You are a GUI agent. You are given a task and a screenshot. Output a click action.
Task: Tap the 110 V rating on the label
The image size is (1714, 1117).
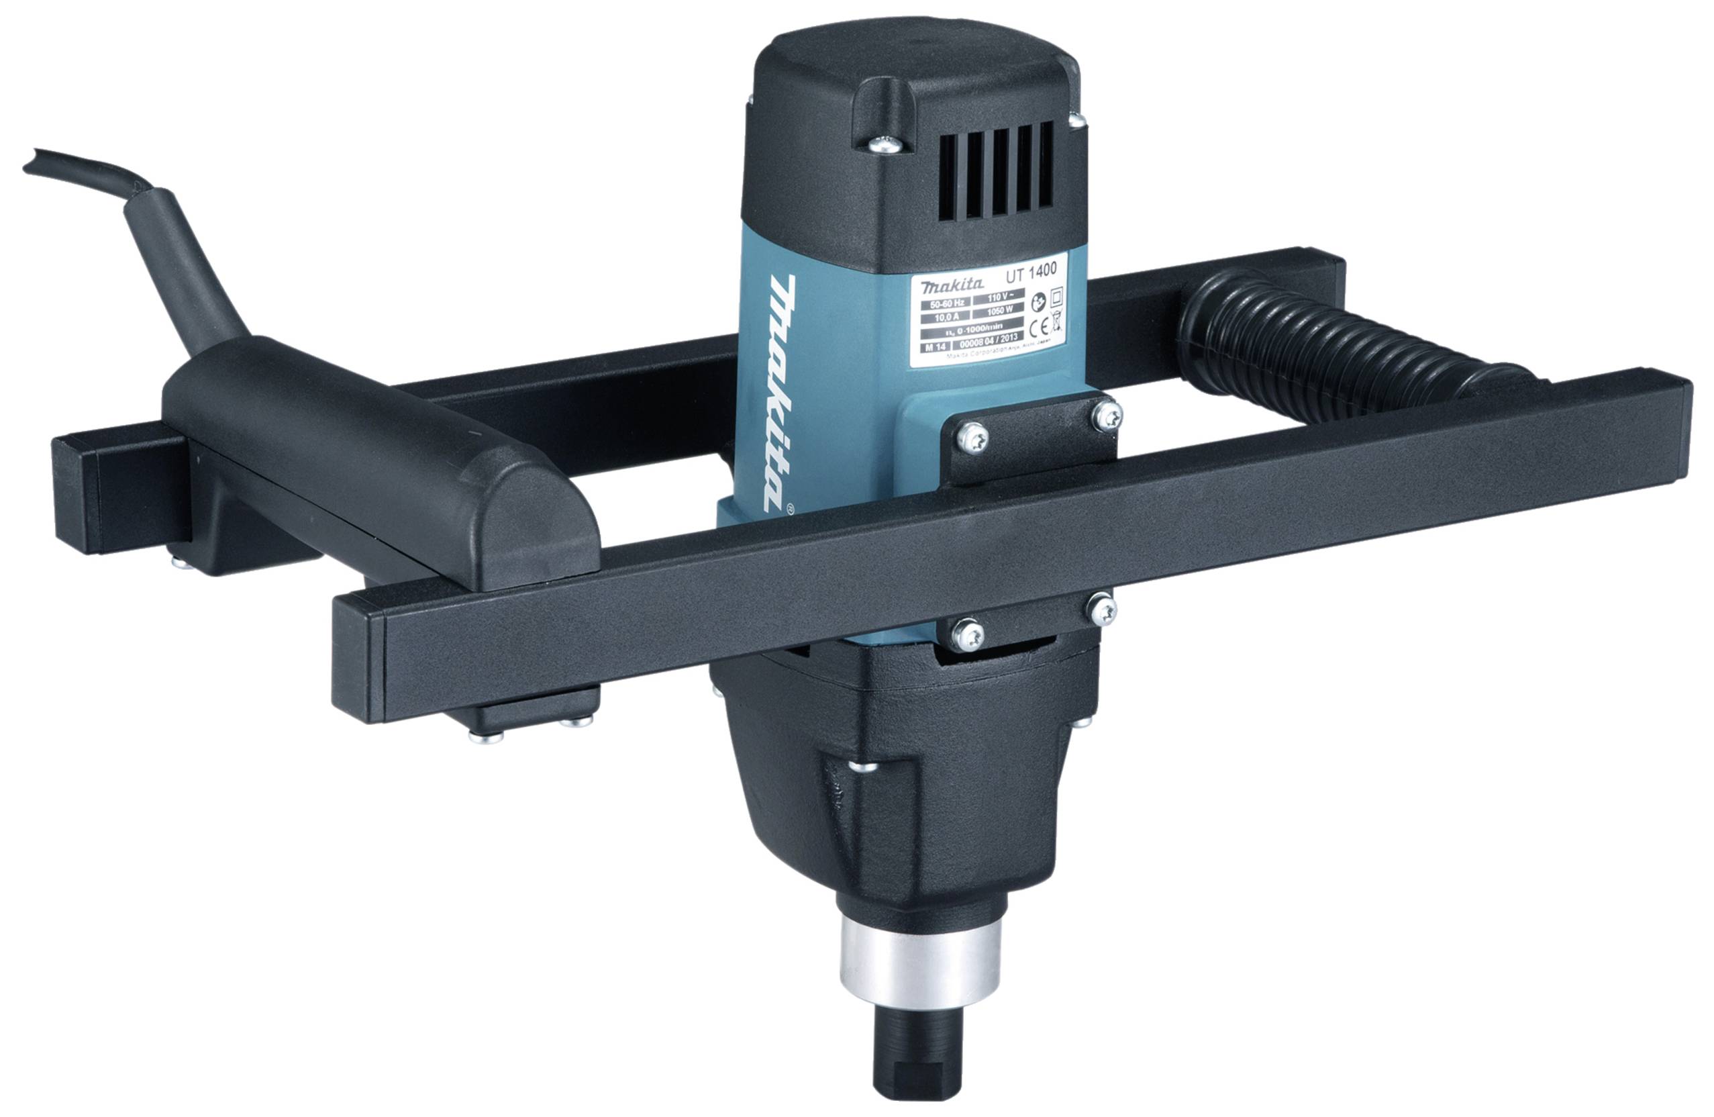[x=995, y=296]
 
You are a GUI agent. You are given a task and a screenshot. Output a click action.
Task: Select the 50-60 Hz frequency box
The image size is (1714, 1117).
[x=945, y=303]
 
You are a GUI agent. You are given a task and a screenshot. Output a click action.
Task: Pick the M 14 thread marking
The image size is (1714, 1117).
[x=934, y=346]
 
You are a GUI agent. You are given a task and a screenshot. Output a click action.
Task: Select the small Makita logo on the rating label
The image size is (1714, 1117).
[x=944, y=287]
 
